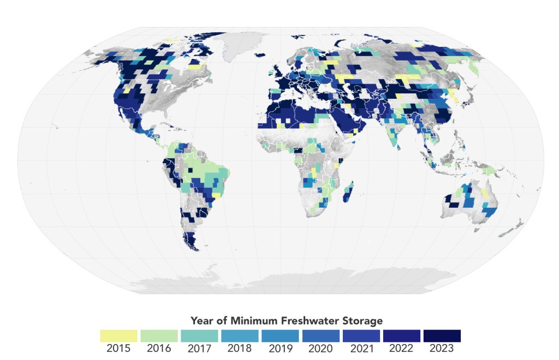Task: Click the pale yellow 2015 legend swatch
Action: point(118,335)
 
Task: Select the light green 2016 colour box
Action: point(159,335)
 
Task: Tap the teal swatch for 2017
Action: point(199,335)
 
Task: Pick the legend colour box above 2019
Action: point(280,335)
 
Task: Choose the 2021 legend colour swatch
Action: point(361,335)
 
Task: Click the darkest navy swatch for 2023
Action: point(442,335)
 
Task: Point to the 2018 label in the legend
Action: point(240,348)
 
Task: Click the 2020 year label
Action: point(320,348)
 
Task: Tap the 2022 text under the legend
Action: point(401,348)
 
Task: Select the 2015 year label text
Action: point(118,348)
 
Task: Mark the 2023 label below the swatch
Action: point(442,348)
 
